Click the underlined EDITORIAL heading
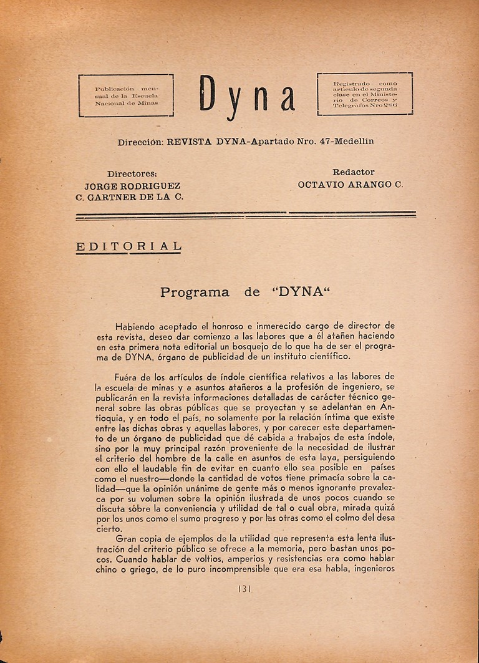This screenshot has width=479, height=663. point(128,246)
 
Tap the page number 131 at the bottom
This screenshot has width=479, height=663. point(244,588)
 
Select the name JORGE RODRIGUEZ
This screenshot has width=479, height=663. point(132,185)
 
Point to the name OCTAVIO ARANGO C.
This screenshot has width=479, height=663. point(351,185)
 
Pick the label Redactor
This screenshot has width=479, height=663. point(354,172)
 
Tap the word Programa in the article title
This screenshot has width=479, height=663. point(195,292)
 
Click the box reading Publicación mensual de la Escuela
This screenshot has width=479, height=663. point(126,96)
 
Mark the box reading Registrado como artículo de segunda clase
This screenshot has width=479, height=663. point(365,95)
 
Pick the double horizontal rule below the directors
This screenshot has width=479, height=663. point(245,216)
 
